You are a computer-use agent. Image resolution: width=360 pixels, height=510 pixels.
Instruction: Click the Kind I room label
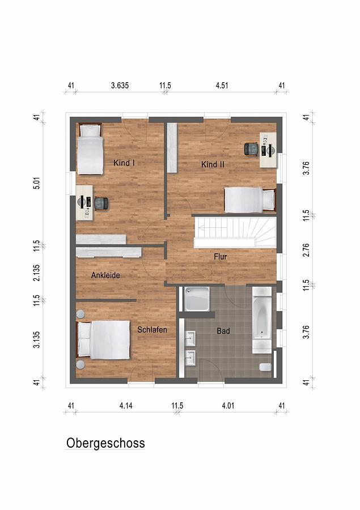[124, 163]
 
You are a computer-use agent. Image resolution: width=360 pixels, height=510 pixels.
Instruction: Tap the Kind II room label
[213, 164]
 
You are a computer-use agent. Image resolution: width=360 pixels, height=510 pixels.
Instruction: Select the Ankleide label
[105, 275]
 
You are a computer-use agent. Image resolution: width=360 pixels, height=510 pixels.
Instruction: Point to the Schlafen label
[152, 329]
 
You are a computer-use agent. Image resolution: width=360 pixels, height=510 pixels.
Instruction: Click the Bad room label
[223, 331]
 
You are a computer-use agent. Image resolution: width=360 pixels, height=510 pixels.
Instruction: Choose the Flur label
[221, 257]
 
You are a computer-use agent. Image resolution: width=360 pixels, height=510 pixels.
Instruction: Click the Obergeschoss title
[105, 443]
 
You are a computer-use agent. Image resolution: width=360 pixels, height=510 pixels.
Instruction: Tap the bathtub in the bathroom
[262, 320]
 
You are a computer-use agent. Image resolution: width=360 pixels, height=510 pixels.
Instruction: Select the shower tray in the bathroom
[197, 299]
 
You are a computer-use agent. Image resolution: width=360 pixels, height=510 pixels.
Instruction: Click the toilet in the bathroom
[265, 367]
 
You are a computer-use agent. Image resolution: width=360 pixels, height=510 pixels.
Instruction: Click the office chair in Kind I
[101, 204]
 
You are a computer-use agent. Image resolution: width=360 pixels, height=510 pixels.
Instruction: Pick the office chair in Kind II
[251, 149]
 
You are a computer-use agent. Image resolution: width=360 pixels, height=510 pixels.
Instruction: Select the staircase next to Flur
[235, 232]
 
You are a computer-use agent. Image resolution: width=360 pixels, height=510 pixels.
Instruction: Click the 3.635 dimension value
[120, 86]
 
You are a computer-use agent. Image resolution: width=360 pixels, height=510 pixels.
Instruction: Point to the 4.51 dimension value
[222, 86]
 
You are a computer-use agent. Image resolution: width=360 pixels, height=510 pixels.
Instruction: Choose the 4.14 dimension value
[126, 406]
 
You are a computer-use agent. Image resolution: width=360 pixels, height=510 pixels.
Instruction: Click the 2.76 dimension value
[306, 250]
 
